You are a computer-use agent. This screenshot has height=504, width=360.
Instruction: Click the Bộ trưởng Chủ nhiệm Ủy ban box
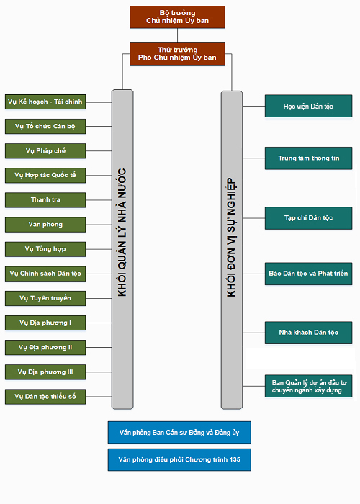tap(177, 17)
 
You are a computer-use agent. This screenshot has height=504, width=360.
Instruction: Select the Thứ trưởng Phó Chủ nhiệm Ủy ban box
tap(177, 54)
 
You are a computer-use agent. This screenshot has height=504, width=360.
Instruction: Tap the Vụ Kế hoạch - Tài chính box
tap(45, 102)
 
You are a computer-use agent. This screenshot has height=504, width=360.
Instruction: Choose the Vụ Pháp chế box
tap(45, 151)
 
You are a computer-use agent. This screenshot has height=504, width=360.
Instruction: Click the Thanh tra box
tap(45, 200)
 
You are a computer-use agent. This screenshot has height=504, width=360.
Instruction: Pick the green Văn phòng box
tap(45, 225)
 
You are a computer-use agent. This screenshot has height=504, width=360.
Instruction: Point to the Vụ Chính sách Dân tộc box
tap(45, 274)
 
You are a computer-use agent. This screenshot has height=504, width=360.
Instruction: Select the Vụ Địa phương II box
tap(45, 348)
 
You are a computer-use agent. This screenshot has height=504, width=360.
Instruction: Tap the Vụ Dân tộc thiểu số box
tap(45, 397)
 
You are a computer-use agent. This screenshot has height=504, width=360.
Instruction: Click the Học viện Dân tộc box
tap(309, 106)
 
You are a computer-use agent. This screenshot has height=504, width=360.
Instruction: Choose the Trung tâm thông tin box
tap(309, 158)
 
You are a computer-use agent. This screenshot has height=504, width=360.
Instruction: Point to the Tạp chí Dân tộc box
tap(309, 218)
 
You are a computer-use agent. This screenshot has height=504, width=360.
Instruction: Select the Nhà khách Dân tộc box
tap(309, 333)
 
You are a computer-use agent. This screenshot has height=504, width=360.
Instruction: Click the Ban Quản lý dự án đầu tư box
tap(309, 386)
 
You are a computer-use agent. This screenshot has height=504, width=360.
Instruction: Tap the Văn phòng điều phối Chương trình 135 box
tap(179, 459)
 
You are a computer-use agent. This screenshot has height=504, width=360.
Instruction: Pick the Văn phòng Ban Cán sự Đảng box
tap(179, 432)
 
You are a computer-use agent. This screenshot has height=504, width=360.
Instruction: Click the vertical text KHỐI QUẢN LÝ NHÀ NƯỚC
tap(122, 232)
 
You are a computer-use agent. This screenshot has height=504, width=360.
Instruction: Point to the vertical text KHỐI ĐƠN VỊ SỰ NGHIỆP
tap(231, 238)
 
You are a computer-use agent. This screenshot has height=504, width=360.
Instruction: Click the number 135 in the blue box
tap(235, 459)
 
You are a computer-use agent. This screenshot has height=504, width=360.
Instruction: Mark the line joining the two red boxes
tap(177, 35)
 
